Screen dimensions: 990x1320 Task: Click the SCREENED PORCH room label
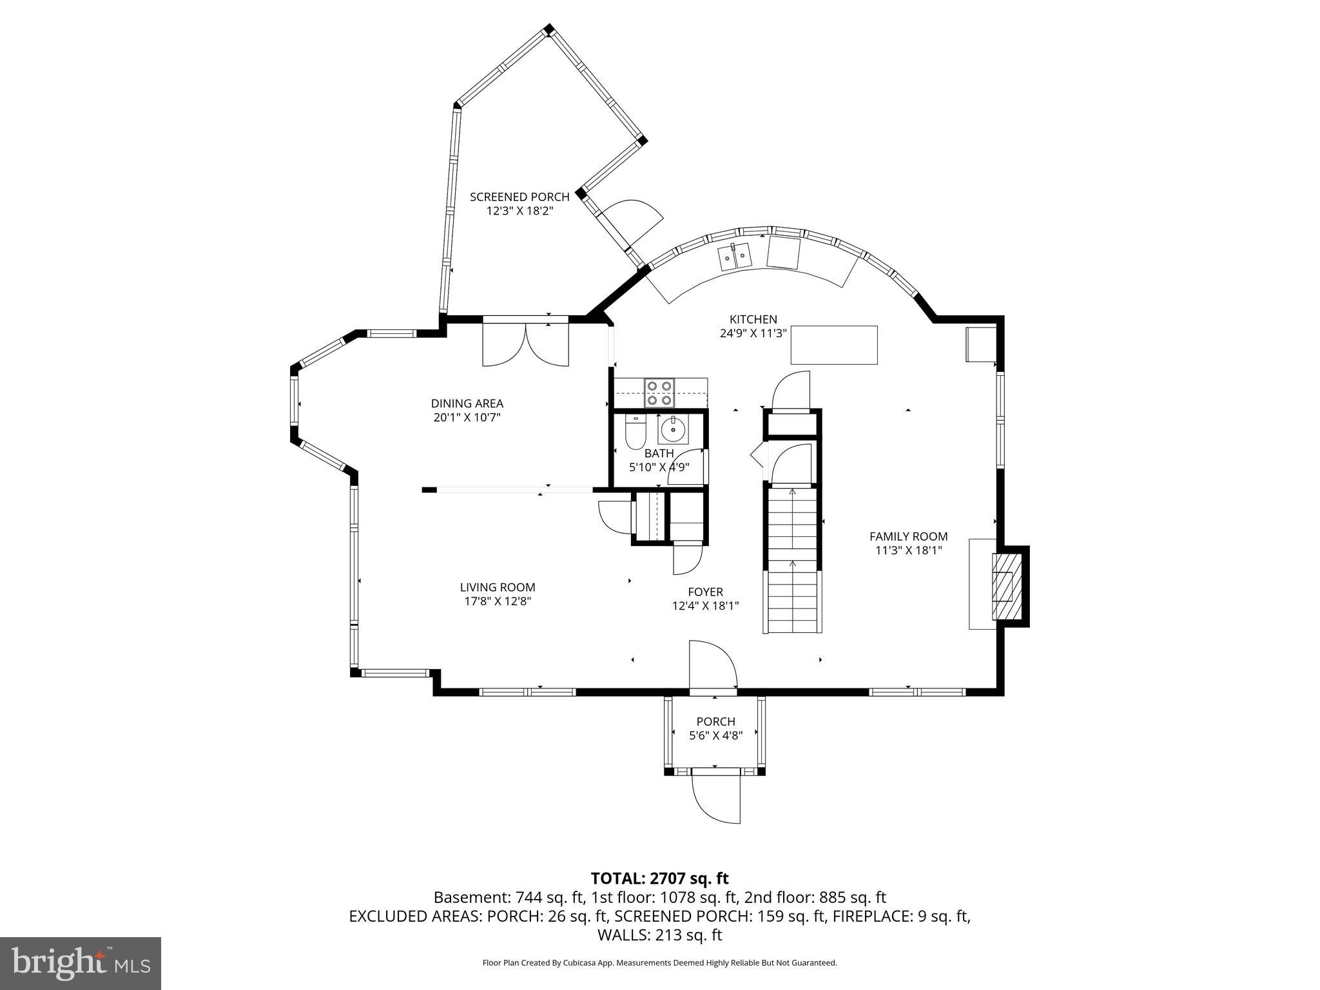tap(519, 197)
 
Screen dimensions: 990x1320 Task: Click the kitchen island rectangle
tap(834, 345)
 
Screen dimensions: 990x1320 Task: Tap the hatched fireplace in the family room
tap(1003, 586)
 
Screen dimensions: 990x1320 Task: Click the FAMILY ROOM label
tap(908, 536)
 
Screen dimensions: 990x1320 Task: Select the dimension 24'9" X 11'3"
tap(753, 333)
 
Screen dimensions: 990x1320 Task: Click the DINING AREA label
tap(467, 403)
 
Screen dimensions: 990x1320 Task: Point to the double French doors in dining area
tap(526, 344)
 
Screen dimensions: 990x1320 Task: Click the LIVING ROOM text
tap(497, 587)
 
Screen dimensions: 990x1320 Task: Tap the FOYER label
tap(705, 592)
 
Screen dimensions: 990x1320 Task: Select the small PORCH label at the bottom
tap(715, 721)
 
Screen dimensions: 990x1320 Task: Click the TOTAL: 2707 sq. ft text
tap(659, 878)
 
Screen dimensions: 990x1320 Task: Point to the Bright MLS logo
tap(81, 963)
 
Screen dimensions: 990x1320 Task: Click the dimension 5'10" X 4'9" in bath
tap(659, 467)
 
